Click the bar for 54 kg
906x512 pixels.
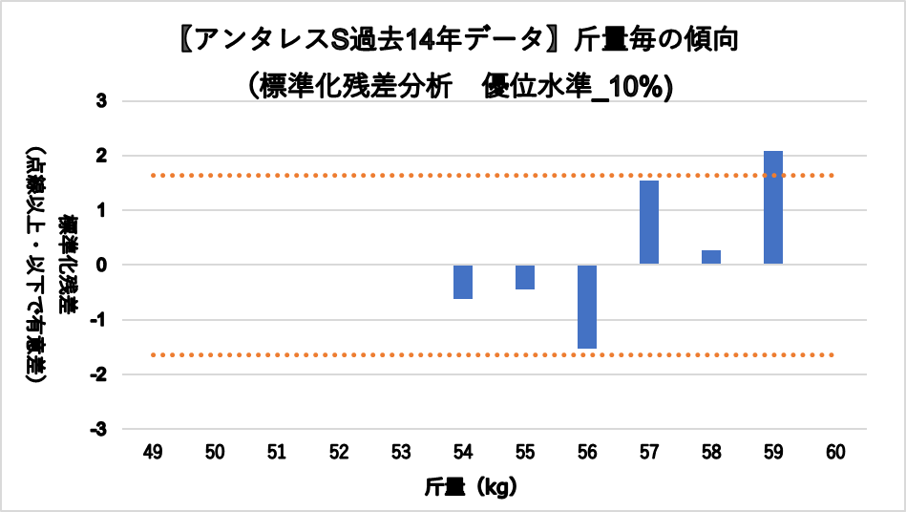pos(463,282)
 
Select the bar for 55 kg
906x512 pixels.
pos(525,277)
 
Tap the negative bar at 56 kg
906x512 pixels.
pos(587,307)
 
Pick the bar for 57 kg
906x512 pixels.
pos(649,223)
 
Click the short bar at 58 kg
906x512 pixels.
pos(711,257)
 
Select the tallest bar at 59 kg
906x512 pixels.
pos(773,207)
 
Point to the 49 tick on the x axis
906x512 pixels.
pos(153,452)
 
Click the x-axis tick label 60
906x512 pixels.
pos(836,452)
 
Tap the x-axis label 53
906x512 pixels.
pos(401,452)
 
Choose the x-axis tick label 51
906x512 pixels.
pos(277,452)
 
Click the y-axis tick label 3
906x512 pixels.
pos(102,101)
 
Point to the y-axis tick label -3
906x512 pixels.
pos(99,430)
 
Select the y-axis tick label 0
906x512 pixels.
pos(102,265)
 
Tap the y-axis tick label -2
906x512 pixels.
pos(99,374)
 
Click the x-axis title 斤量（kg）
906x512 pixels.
pos(471,487)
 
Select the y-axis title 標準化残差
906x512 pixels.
pos(68,265)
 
